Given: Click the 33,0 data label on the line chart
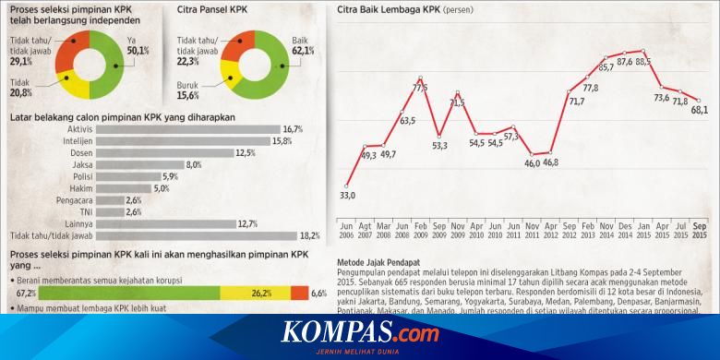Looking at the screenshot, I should coord(348,195).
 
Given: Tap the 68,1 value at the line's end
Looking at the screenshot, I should coord(699,111).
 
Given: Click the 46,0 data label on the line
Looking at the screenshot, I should coord(533,163).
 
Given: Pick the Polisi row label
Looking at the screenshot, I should coord(78,176).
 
